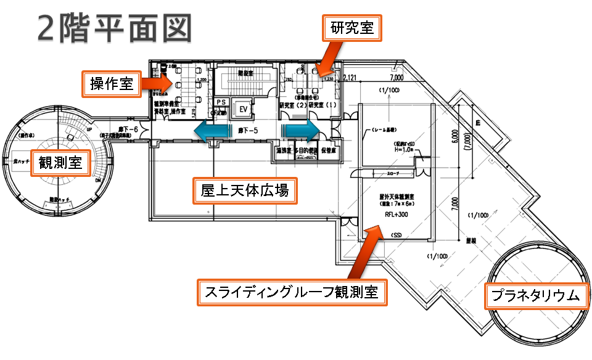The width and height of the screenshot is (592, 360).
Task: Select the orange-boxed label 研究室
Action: [352, 28]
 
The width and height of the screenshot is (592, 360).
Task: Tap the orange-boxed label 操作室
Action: [112, 84]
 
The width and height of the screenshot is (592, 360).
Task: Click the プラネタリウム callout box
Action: [535, 295]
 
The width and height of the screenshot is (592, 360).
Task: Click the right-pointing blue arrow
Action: [302, 130]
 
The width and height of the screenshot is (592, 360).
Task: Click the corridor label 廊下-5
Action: [245, 131]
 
